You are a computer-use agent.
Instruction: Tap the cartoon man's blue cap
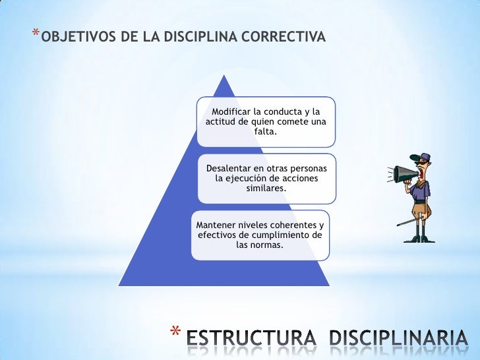coord(423,157)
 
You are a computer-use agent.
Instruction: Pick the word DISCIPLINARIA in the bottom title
coord(402,340)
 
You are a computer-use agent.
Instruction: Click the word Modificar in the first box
coord(233,111)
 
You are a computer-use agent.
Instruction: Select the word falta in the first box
coord(266,132)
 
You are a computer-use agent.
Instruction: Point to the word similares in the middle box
coord(266,189)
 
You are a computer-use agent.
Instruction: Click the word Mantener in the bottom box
coord(217,224)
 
